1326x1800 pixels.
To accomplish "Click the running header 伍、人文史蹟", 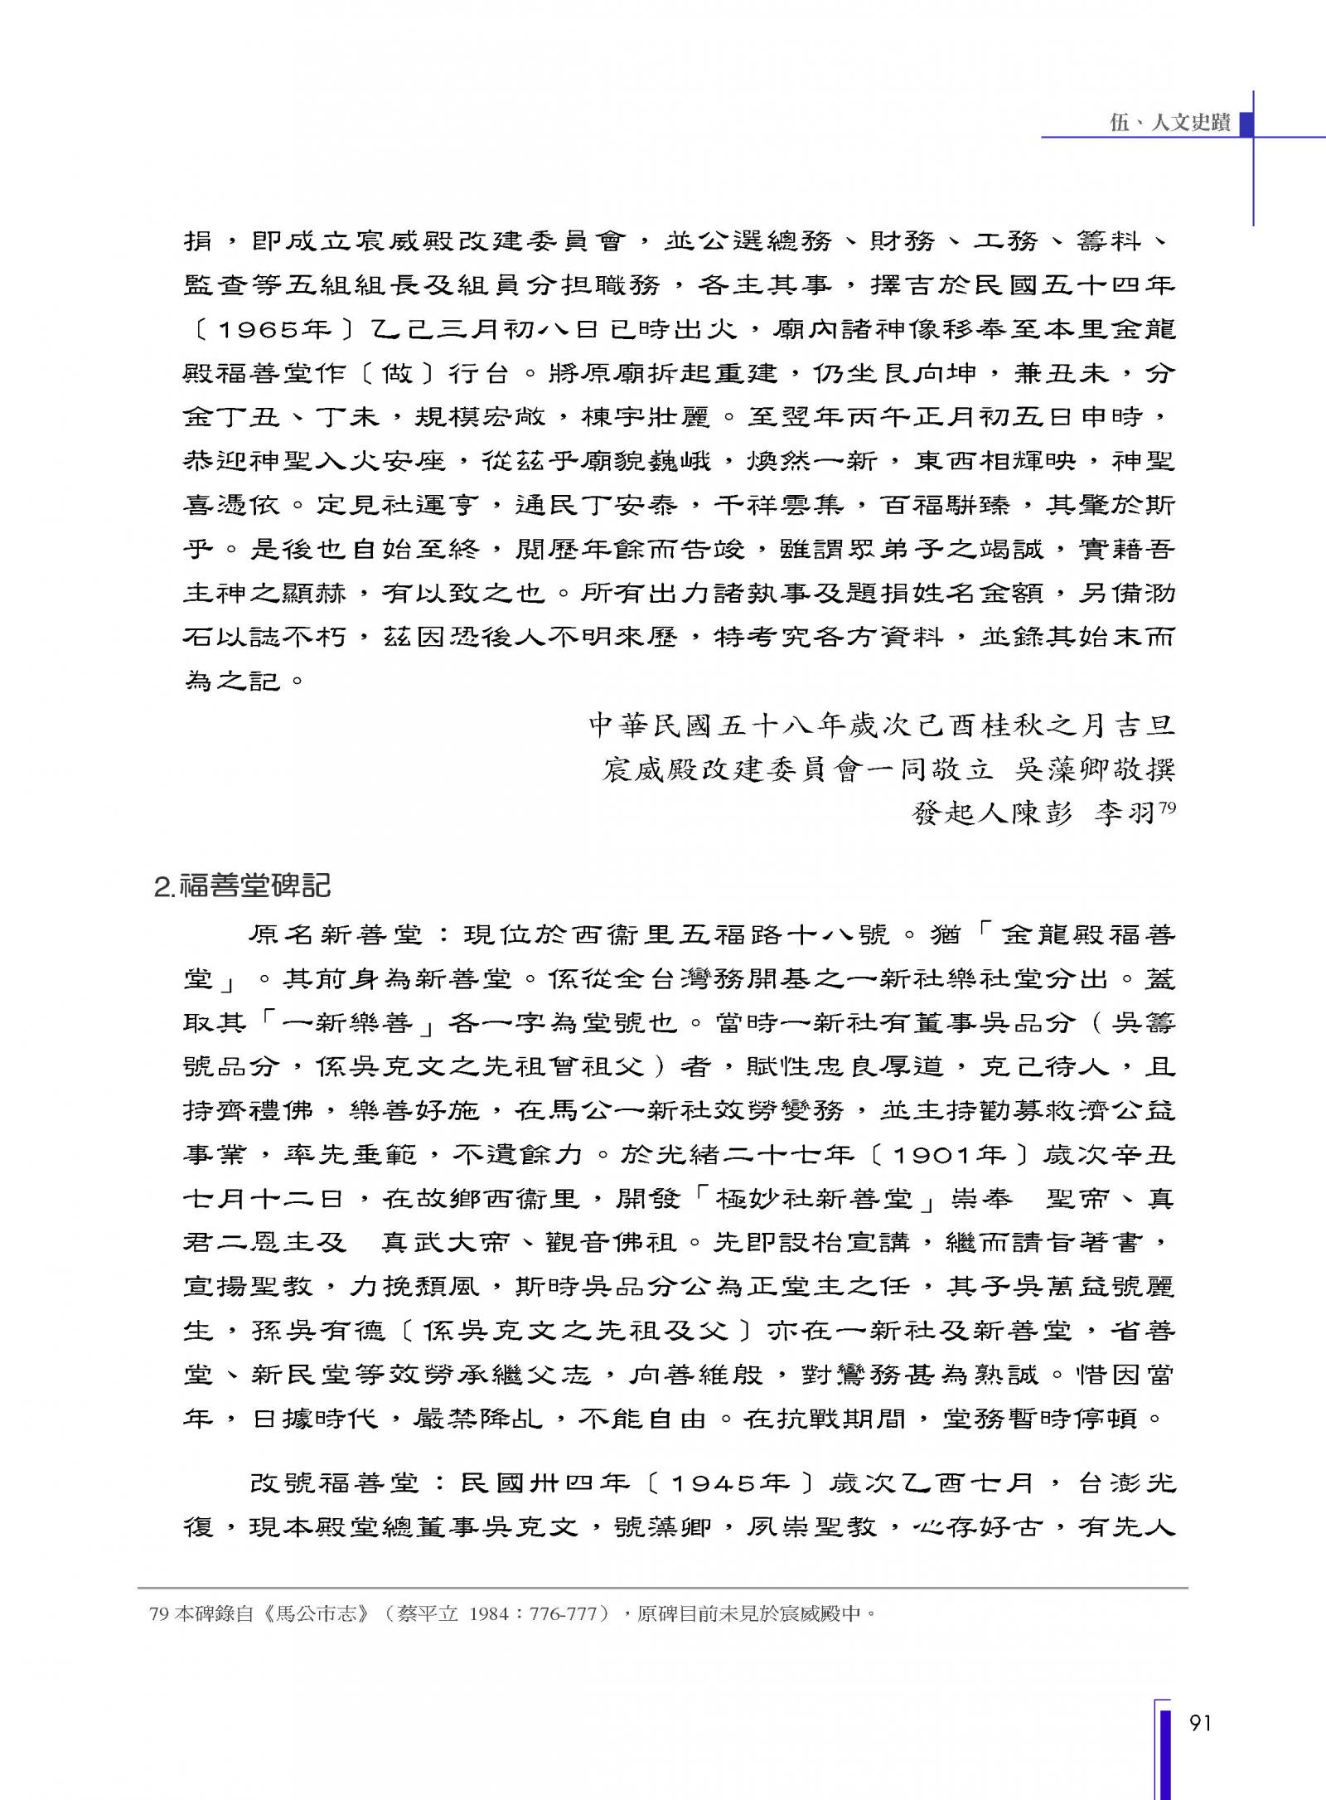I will [x=1169, y=123].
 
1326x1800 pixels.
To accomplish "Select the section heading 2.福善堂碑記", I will [x=242, y=886].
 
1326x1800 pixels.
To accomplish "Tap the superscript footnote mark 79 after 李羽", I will [x=1167, y=808].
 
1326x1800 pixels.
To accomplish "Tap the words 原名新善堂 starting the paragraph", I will [x=336, y=935].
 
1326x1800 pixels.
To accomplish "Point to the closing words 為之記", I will [x=233, y=681].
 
